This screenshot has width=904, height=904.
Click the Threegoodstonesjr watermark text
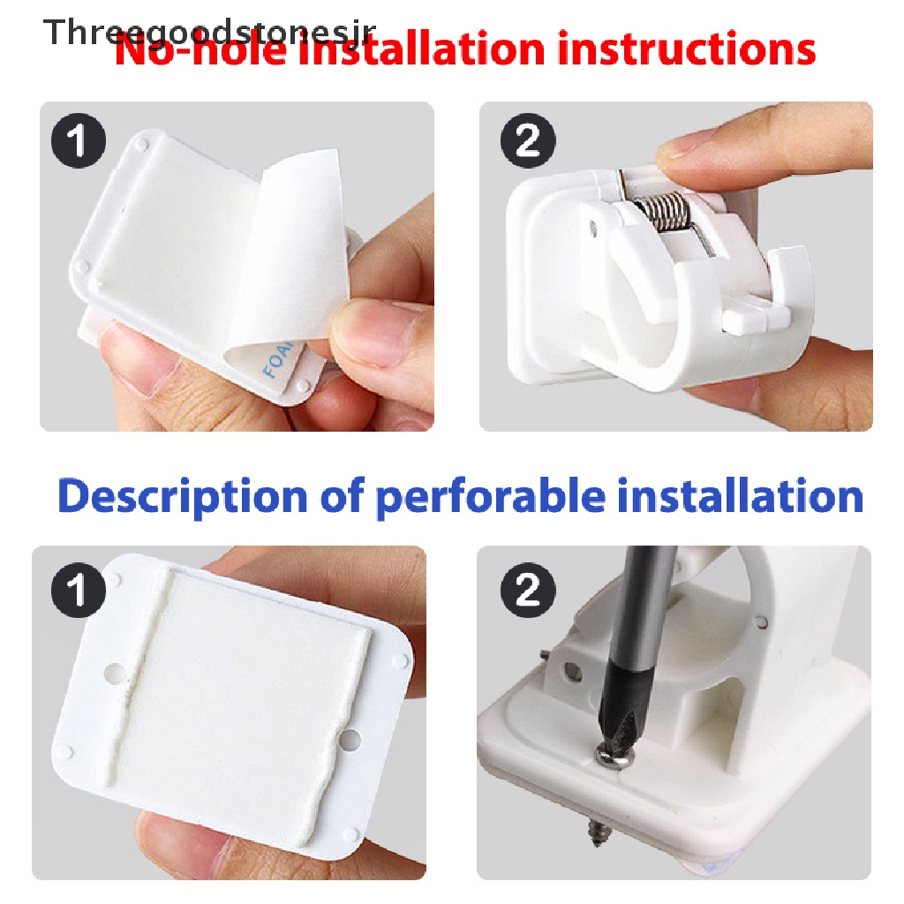tap(210, 33)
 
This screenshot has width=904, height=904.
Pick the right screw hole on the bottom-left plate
tap(350, 735)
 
